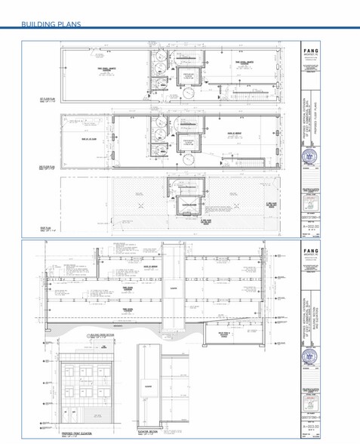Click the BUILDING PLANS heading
point(51,24)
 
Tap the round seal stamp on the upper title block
point(308,156)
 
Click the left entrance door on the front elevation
point(66,414)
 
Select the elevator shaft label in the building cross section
point(173,288)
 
